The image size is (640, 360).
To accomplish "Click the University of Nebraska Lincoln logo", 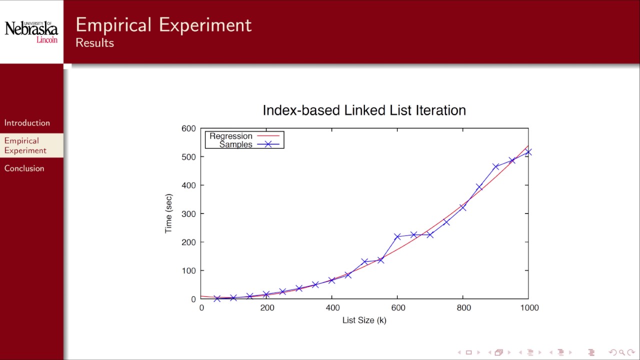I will click(31, 31).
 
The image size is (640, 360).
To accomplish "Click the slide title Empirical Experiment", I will click(163, 25).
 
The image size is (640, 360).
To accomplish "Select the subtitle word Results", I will click(94, 43).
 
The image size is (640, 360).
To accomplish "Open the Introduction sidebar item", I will click(27, 123).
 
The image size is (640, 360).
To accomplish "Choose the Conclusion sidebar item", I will click(24, 168).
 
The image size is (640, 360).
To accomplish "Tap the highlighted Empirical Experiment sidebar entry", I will click(25, 145).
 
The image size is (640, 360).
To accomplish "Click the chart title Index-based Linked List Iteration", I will click(364, 110).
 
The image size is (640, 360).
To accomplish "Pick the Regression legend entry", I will click(231, 136).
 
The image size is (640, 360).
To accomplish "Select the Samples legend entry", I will click(235, 144).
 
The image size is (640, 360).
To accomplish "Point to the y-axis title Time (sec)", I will click(168, 213).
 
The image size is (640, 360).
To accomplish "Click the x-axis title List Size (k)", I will click(364, 320).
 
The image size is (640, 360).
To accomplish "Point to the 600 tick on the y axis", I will click(188, 128).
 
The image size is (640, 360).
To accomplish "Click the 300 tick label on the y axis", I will click(188, 214).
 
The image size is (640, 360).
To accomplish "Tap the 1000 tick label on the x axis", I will click(529, 308).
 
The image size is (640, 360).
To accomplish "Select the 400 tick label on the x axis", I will click(332, 308).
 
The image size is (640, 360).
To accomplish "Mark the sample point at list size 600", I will click(397, 236).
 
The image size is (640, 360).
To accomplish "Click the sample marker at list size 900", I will click(495, 167).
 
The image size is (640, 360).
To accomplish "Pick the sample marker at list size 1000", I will click(528, 152).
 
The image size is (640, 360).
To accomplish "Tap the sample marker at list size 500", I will click(364, 262).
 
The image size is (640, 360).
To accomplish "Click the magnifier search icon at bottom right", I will click(622, 352).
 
